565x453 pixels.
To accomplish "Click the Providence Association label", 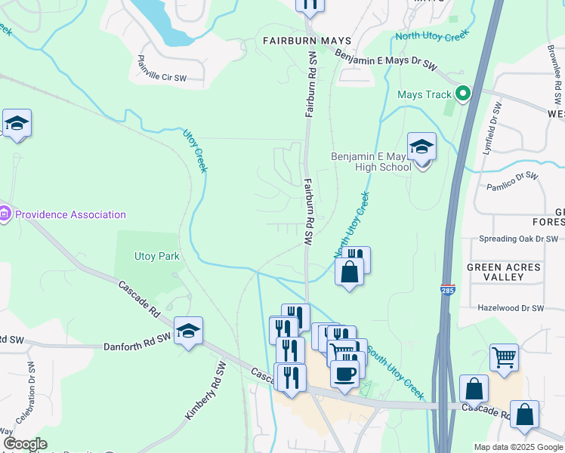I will [x=71, y=214].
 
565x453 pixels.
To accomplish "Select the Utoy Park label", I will [x=157, y=256].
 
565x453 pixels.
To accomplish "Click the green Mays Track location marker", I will [x=463, y=94].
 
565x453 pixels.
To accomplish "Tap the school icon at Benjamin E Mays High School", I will [x=421, y=146].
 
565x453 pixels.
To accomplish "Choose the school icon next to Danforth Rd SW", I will [x=188, y=331].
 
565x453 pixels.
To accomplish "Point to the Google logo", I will [x=26, y=444].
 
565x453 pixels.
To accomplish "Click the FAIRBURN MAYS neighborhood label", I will [x=298, y=40].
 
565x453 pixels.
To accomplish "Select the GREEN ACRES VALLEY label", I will [x=505, y=273].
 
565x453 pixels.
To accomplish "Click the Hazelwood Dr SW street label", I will [x=511, y=309].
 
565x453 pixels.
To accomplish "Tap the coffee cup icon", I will [x=344, y=373].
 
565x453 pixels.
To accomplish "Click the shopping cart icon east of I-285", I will [x=504, y=356].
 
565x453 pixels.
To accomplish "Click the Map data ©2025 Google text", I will [x=517, y=447].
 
